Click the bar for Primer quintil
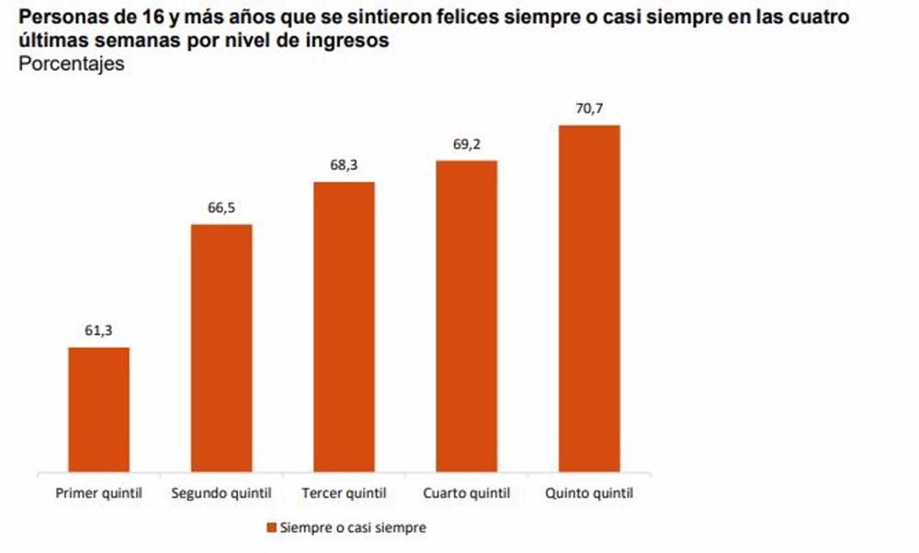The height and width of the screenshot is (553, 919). pos(98,409)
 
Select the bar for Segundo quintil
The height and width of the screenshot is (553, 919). pos(221,348)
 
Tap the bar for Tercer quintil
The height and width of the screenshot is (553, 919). pos(344,327)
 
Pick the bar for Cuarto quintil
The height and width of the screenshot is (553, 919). pos(466,317)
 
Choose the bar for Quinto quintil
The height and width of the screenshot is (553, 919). pos(589,298)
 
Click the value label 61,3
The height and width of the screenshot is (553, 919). pos(98,331)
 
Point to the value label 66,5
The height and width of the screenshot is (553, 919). pos(221,208)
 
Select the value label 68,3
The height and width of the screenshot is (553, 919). pos(344,166)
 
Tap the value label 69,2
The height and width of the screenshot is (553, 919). pos(466,144)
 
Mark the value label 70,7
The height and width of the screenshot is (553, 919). pos(589,109)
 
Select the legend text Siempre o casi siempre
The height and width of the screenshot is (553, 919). pos(352,528)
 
